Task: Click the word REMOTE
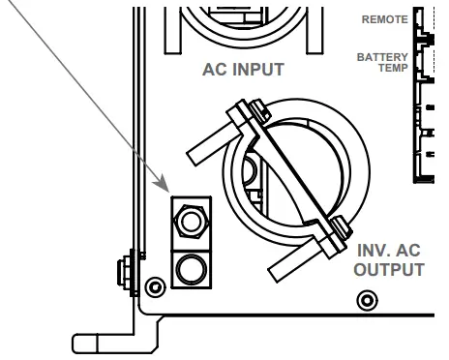coord(384,19)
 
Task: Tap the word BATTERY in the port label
coord(382,57)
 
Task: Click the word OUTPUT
coord(388,269)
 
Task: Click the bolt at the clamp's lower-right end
coord(339,228)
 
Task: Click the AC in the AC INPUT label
coord(215,70)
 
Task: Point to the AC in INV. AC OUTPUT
coord(409,250)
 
